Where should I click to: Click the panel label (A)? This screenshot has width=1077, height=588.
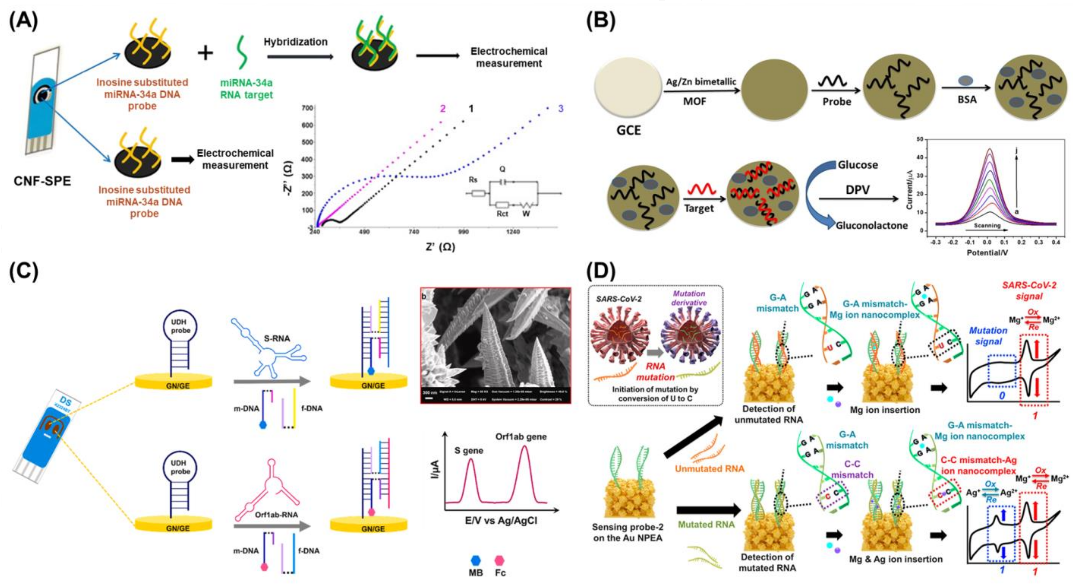[x=24, y=20]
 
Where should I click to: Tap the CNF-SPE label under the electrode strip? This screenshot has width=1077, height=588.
[x=42, y=181]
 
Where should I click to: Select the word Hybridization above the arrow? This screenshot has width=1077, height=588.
[x=295, y=42]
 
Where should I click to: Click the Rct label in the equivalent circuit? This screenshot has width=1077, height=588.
[x=502, y=214]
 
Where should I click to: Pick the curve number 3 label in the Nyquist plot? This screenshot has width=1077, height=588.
[x=561, y=109]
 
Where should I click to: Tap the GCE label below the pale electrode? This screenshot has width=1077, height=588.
[x=628, y=130]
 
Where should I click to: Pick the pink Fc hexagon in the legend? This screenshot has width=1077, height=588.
[x=499, y=560]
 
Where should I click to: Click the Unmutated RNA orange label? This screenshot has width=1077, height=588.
[x=709, y=469]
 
